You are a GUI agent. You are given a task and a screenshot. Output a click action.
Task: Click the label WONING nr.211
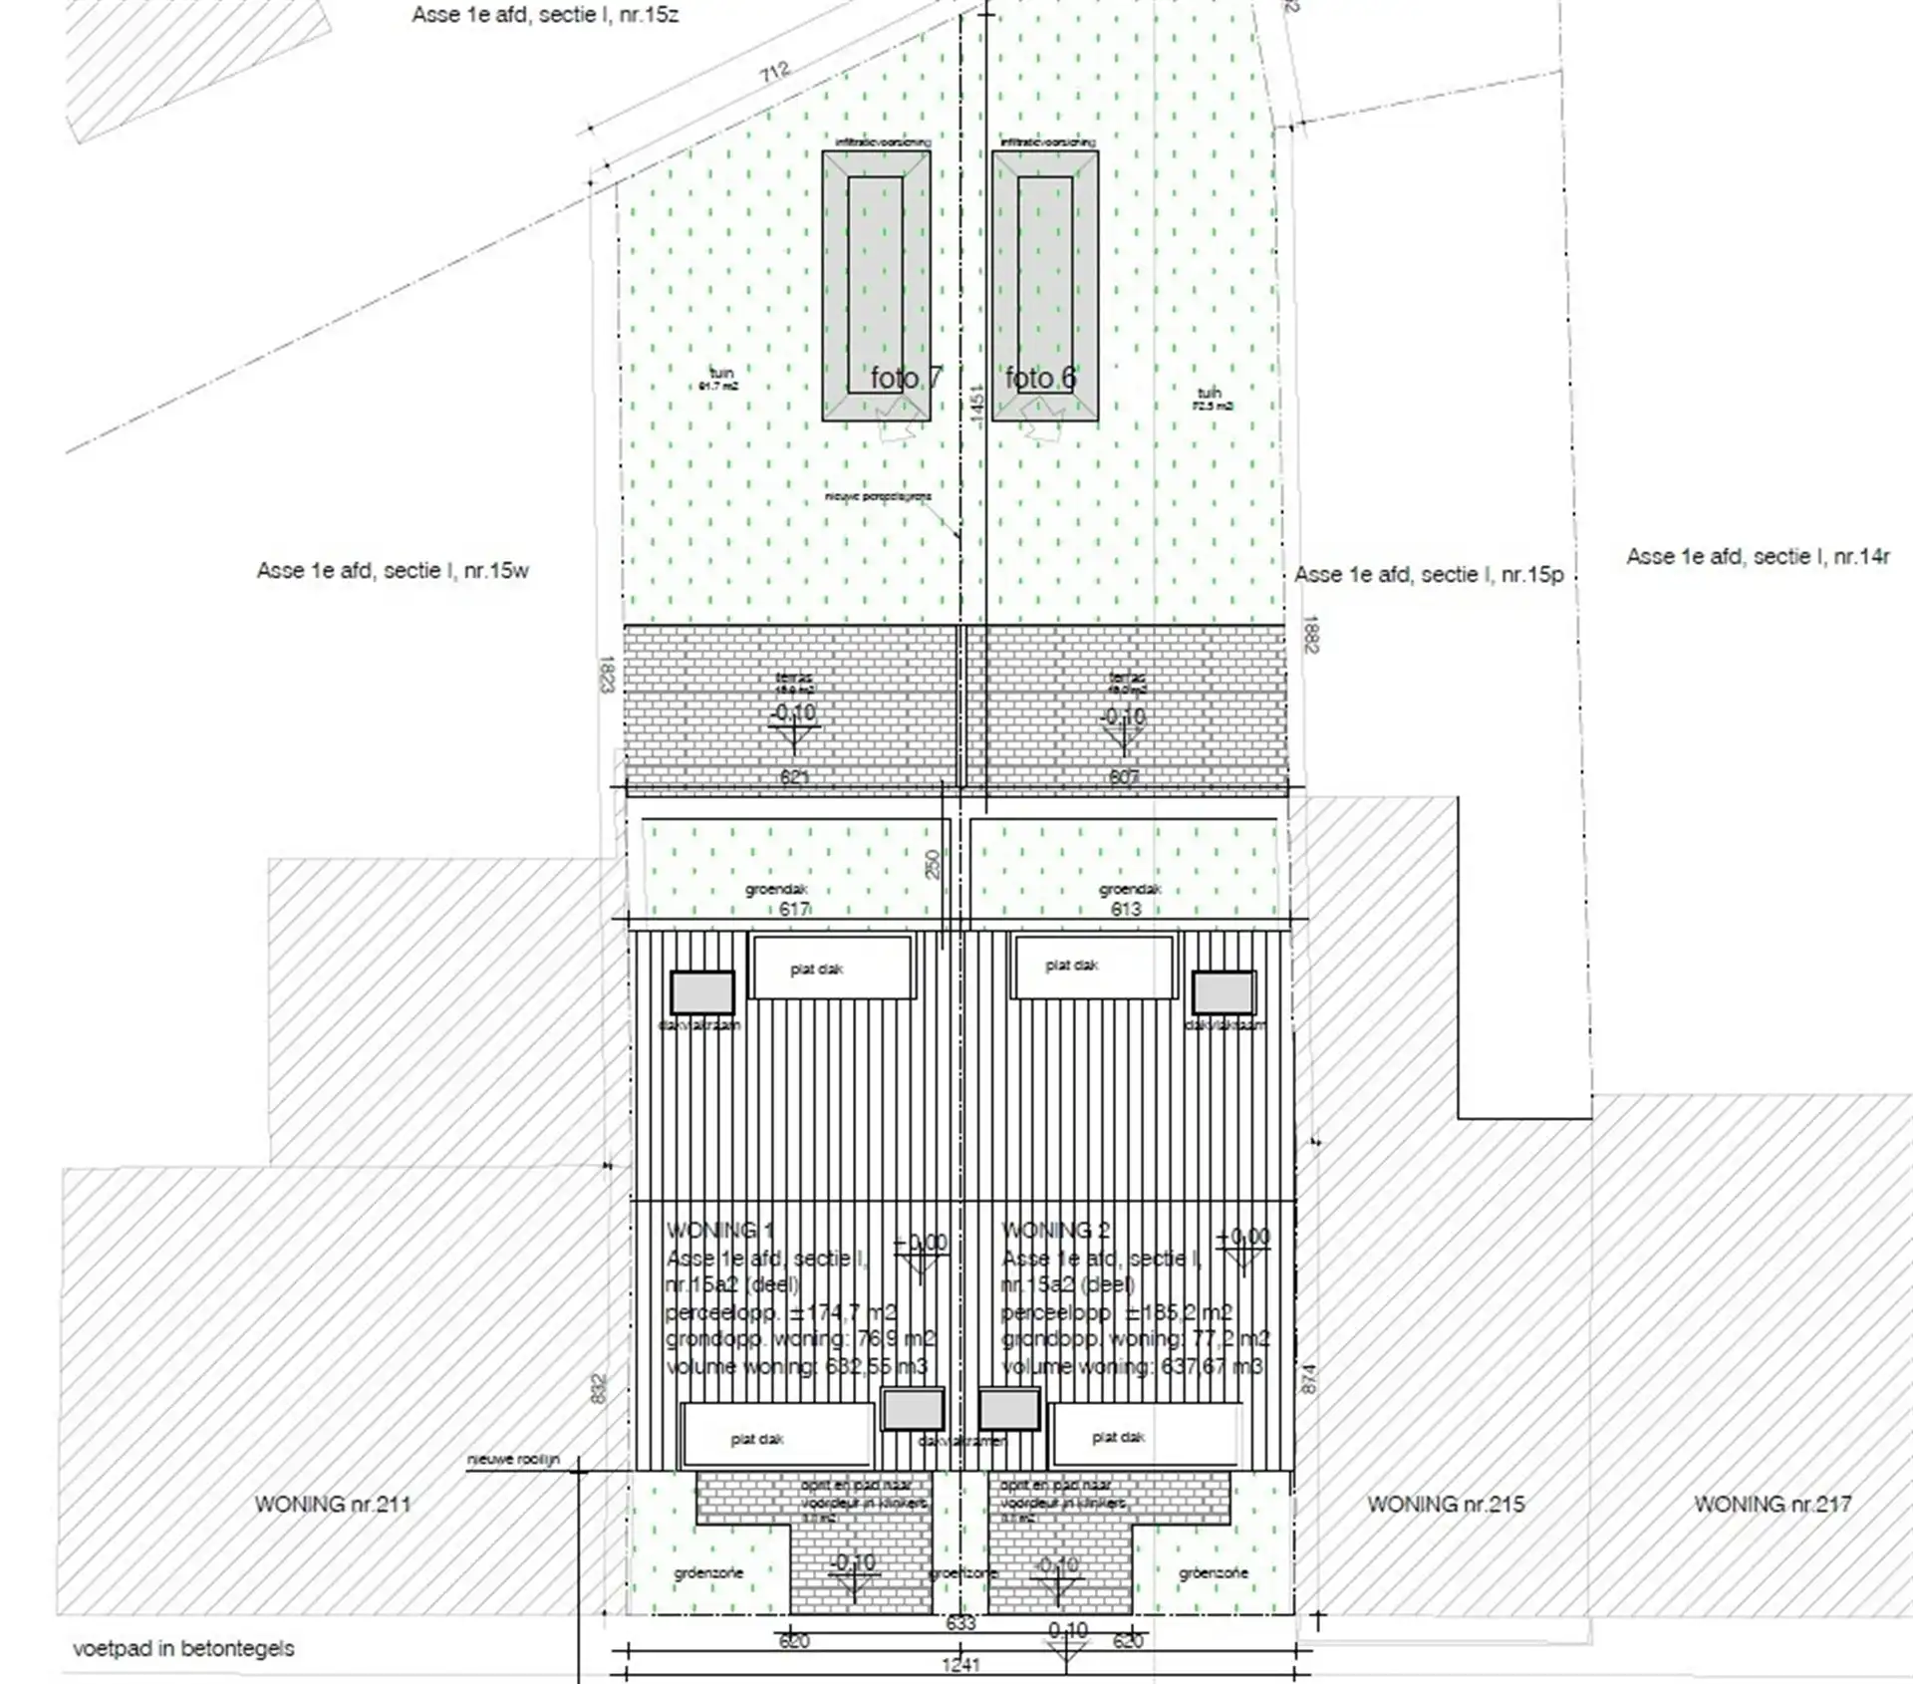pos(332,1504)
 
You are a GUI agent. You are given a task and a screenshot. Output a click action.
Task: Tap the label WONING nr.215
pos(1445,1504)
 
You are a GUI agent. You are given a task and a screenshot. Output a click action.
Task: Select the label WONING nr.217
pos(1773,1504)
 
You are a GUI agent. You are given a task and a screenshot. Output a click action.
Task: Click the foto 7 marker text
pos(905,378)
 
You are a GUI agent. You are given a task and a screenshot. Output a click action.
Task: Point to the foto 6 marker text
pos(1040,378)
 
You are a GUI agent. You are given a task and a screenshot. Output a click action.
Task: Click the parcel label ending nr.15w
pos(393,571)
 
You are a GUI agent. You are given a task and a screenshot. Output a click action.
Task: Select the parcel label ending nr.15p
pos(1429,575)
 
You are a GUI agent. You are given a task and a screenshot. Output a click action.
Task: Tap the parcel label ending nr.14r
pos(1758,557)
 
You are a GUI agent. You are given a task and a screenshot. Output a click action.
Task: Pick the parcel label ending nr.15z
pos(545,15)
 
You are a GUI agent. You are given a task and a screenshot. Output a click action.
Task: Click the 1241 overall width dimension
pos(960,1664)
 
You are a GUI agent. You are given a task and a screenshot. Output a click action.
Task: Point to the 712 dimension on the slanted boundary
pos(774,72)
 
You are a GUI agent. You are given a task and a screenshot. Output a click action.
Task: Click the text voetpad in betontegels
pos(183,1648)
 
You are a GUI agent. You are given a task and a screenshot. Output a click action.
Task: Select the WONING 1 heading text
pos(719,1232)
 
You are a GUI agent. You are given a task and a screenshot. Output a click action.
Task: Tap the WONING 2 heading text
pos(1055,1231)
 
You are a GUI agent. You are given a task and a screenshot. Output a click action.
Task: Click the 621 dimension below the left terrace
pos(794,776)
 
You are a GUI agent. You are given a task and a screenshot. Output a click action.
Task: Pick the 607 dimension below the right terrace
pos(1123,776)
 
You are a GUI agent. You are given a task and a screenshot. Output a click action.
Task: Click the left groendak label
pos(776,889)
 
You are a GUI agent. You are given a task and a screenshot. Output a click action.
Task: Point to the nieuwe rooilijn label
pos(514,1460)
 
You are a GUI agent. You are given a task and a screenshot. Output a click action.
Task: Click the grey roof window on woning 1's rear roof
pos(702,992)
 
